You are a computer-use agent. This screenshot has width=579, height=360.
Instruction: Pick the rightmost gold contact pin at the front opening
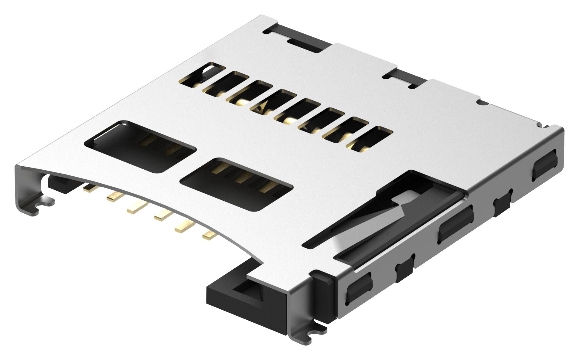209,234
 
